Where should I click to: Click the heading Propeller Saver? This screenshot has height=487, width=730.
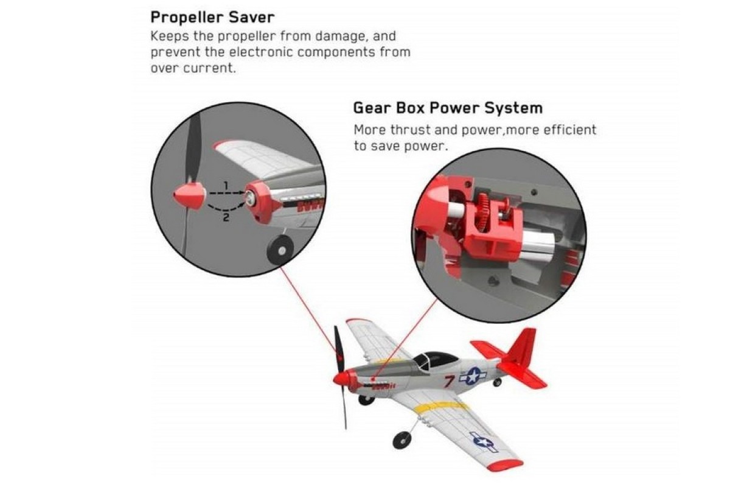pos(212,18)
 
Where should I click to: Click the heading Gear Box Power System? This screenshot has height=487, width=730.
pos(448,108)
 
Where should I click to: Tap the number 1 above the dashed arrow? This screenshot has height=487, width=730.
pos(226,186)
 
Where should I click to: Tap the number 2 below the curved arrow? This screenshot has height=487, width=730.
pos(226,217)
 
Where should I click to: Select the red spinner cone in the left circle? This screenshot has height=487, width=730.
pos(189,196)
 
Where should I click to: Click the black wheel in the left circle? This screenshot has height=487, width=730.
pos(281,251)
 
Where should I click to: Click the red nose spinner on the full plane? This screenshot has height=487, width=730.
pos(341,379)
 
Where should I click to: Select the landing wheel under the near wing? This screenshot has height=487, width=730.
pos(402,440)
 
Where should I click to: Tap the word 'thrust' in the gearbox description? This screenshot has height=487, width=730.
pos(410,130)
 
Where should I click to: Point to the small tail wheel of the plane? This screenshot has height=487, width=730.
pos(497,382)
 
